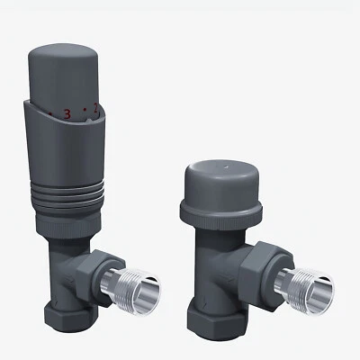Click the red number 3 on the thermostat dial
66,114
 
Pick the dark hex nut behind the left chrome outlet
100,271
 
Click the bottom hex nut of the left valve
63,317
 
